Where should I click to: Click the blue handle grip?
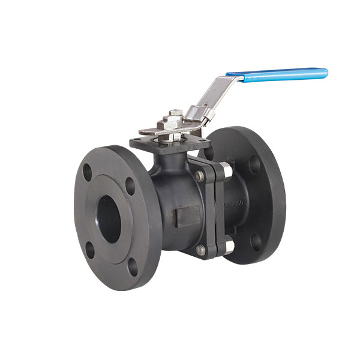tap(277, 74)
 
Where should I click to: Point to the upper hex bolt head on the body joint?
tap(199, 175)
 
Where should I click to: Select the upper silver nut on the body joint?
tap(223, 168)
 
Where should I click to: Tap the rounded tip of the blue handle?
tap(325, 72)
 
